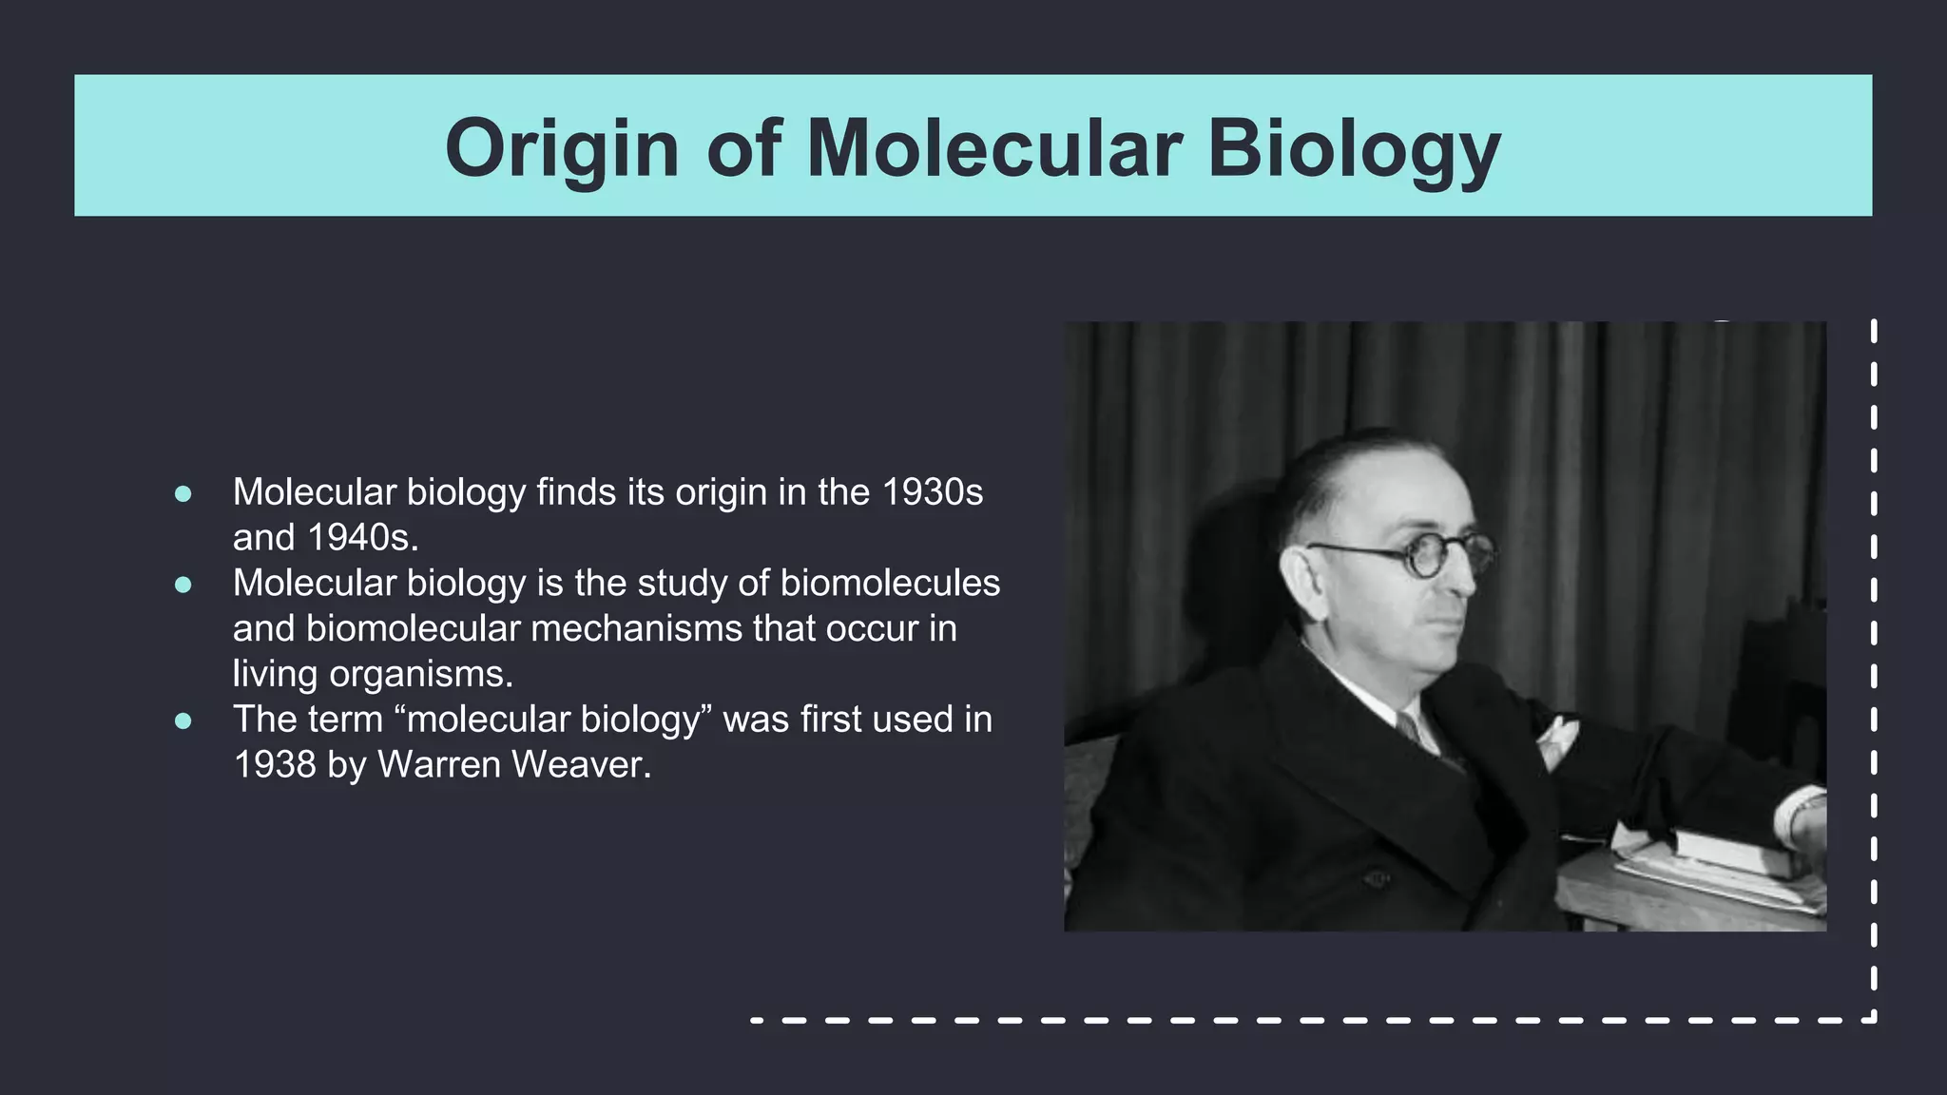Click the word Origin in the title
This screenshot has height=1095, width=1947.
coord(562,148)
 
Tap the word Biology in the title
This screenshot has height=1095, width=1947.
coord(1354,148)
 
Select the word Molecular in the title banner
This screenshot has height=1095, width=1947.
coord(993,148)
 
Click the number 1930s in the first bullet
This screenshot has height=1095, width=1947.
coord(932,492)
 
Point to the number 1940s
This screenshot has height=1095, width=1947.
coord(362,538)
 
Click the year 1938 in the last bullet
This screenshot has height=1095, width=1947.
coord(275,765)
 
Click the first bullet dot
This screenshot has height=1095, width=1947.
coord(183,493)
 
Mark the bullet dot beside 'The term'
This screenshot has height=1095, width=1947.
coord(183,720)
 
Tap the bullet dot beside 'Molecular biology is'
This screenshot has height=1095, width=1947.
coord(183,585)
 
